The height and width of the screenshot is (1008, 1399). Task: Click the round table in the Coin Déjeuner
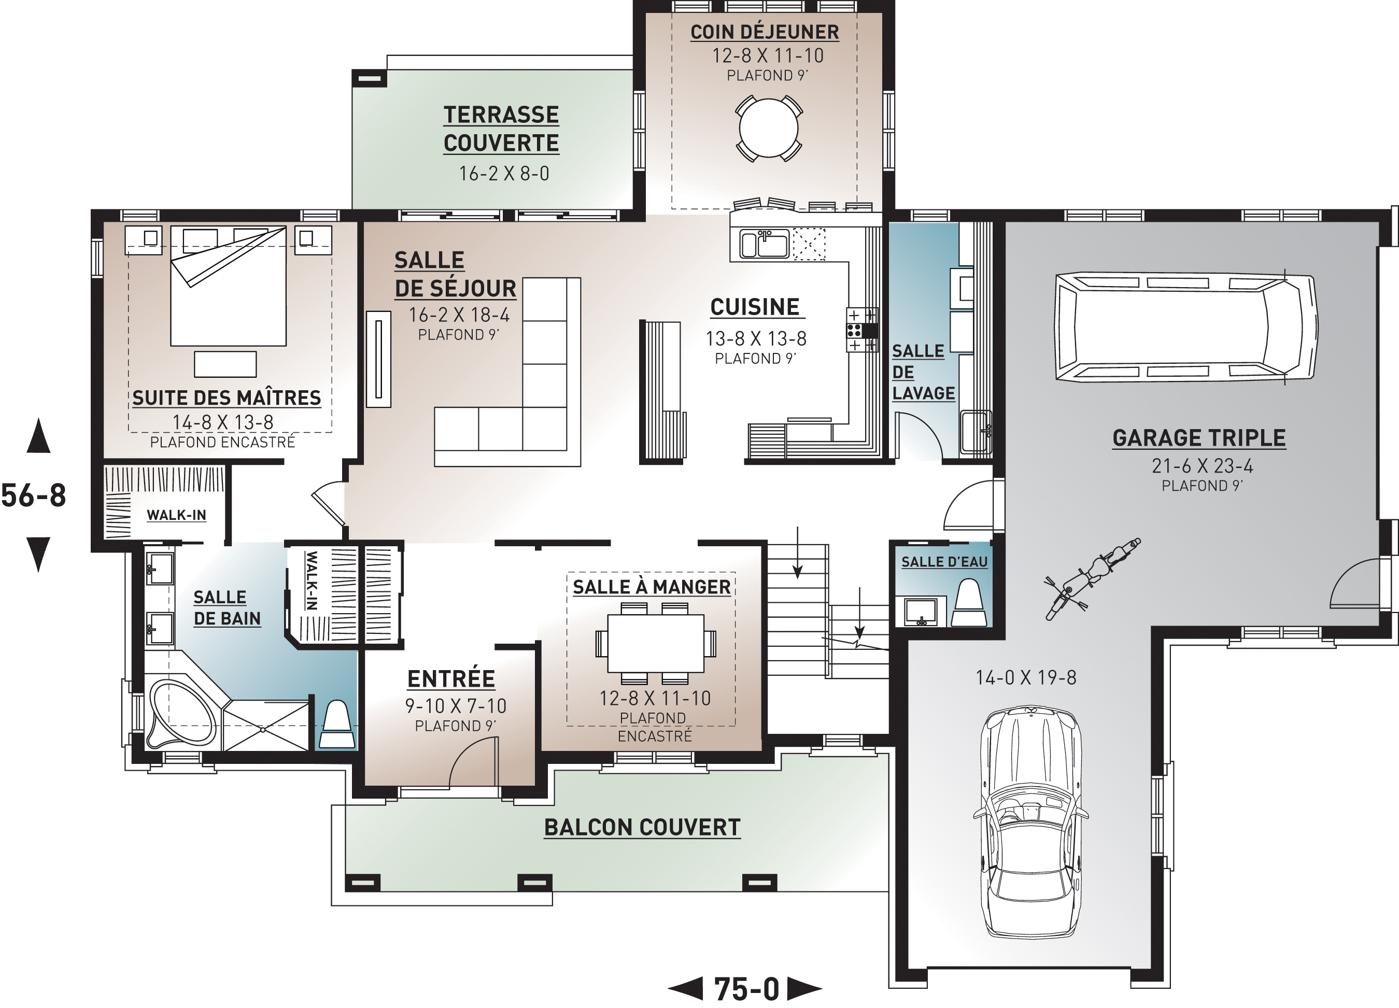pos(769,129)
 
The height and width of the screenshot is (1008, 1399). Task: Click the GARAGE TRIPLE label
pos(1199,438)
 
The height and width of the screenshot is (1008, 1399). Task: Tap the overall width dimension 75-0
pos(746,989)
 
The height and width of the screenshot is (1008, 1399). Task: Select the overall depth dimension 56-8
pos(34,495)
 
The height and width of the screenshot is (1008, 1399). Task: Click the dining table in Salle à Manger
pos(656,644)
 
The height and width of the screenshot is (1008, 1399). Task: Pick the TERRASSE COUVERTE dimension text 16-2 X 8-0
pos(504,173)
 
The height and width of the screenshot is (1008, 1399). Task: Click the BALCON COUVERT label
pos(642,827)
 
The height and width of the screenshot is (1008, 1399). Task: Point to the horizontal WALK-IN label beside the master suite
pos(176,515)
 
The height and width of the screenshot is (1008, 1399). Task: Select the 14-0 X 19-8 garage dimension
pos(1026,677)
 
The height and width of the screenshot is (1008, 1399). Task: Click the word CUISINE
pos(755,307)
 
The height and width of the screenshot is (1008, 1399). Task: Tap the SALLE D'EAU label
pos(944,562)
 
